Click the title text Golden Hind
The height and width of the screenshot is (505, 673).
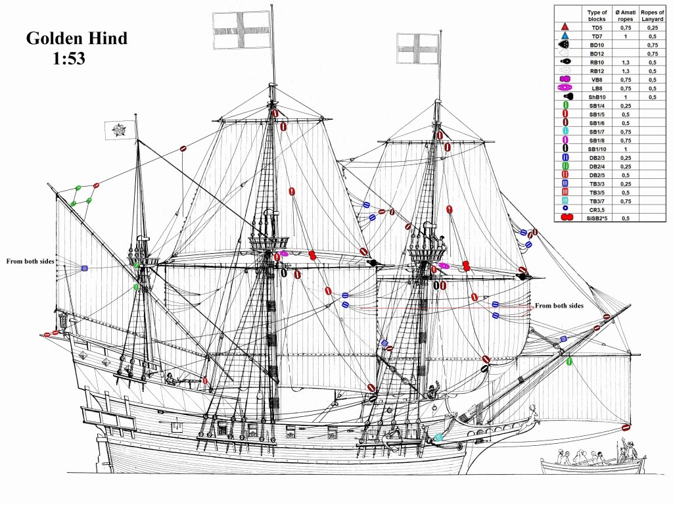point(76,38)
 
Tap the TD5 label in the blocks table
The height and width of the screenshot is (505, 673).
point(597,27)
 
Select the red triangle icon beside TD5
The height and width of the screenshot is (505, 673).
point(564,27)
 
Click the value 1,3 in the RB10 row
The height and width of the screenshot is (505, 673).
point(626,61)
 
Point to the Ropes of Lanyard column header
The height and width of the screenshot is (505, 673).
point(652,15)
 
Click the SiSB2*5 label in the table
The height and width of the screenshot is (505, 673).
point(597,217)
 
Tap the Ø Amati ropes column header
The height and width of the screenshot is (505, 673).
point(626,15)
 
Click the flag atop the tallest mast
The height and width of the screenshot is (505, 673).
point(242,30)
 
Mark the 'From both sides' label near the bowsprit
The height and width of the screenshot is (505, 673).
point(559,306)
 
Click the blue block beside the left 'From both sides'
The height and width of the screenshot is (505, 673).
point(84,268)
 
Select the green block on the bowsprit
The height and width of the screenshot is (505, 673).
point(569,361)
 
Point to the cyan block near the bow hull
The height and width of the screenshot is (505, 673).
point(438,437)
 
